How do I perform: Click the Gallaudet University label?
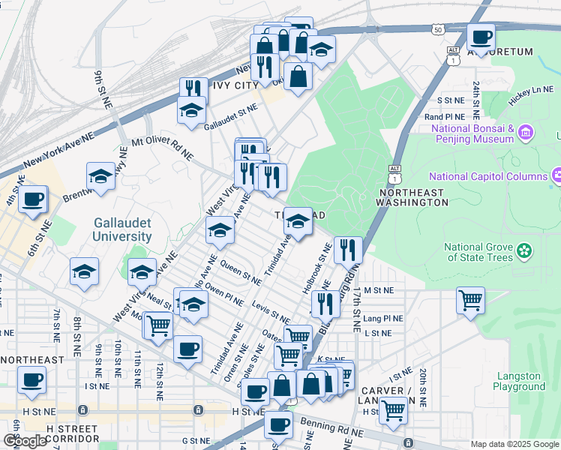click(x=123, y=229)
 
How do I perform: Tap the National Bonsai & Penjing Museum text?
click(x=472, y=133)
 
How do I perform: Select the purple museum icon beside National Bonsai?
click(x=525, y=134)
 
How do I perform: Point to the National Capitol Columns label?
click(x=487, y=177)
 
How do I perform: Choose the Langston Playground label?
click(x=519, y=381)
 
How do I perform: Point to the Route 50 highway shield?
click(x=437, y=29)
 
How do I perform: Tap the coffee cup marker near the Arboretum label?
click(x=480, y=36)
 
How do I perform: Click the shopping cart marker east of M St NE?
click(x=470, y=300)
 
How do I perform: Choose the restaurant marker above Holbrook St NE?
click(x=348, y=250)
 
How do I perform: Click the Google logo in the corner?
click(x=25, y=441)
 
